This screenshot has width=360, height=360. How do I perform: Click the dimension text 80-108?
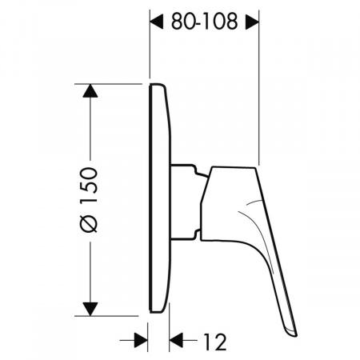pyautogui.click(x=204, y=22)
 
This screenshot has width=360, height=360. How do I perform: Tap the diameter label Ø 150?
pyautogui.click(x=89, y=200)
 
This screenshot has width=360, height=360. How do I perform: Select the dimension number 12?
pyautogui.click(x=215, y=342)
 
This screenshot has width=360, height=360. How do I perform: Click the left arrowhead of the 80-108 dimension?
pyautogui.click(x=157, y=22)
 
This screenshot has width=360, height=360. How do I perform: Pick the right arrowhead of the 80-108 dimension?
pyautogui.click(x=252, y=22)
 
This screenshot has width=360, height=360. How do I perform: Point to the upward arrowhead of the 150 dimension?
pyautogui.click(x=90, y=90)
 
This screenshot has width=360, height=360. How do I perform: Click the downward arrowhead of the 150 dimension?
pyautogui.click(x=90, y=310)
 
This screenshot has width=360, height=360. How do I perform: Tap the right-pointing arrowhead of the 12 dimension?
pyautogui.click(x=141, y=340)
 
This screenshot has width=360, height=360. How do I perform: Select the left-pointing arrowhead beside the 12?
pyautogui.click(x=176, y=340)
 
